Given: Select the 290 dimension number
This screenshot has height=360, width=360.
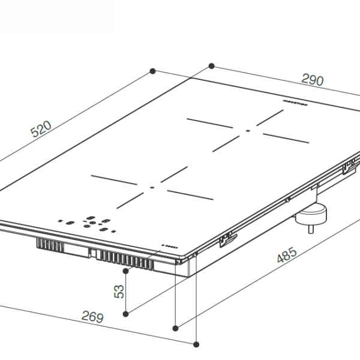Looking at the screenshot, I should coord(311,80).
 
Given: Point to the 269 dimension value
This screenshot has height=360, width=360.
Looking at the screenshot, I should coord(92,317).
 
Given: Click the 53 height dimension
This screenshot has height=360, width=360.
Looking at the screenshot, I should coord(119,291).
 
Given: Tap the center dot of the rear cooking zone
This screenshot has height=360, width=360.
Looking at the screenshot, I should coord(247,130).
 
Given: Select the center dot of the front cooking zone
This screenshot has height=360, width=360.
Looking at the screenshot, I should coord(152,187).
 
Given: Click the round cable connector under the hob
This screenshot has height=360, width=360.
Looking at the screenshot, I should coord(312,214).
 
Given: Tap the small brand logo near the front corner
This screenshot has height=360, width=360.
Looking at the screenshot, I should coord(169,246).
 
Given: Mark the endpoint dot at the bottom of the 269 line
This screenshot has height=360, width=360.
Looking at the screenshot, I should coord(197,344).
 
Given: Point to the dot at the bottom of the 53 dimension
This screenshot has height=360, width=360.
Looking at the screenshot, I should coord(125,313).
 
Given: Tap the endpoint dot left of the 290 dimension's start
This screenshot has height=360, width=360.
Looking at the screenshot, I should coord(153,71).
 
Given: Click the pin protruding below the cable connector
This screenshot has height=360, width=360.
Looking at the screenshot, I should coord(311,229).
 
